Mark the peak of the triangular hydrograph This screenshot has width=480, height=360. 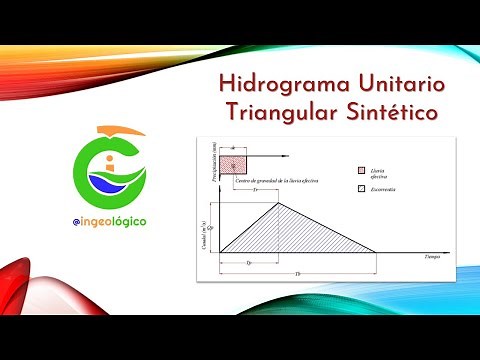click(278, 204)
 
